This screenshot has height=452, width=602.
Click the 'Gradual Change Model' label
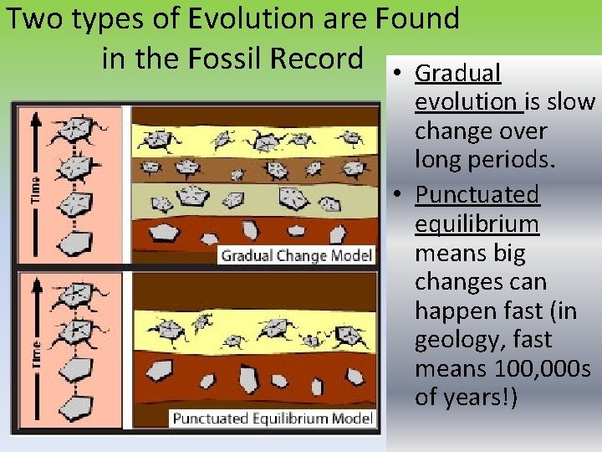tap(296, 255)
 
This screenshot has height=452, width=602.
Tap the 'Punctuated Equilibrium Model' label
tap(272, 418)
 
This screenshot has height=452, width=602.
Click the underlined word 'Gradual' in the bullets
tap(457, 74)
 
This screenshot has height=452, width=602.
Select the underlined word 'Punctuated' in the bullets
tap(477, 194)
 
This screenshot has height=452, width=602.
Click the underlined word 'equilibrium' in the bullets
tap(477, 223)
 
